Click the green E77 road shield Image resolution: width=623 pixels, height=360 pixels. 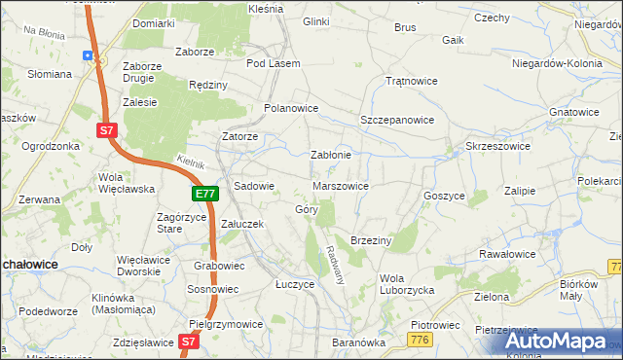(204, 194)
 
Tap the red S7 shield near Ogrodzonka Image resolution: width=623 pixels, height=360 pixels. (106, 128)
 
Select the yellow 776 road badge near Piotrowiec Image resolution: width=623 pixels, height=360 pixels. (421, 339)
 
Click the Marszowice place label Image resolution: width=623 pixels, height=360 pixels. (340, 185)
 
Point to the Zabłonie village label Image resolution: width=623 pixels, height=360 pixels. (330, 155)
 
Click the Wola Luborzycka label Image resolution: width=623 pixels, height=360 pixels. (407, 284)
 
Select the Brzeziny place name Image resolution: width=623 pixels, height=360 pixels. (370, 239)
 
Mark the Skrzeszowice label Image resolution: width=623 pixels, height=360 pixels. (497, 145)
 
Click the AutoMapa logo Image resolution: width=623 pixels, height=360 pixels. (560, 341)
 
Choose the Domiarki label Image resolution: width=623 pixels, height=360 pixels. (154, 21)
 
